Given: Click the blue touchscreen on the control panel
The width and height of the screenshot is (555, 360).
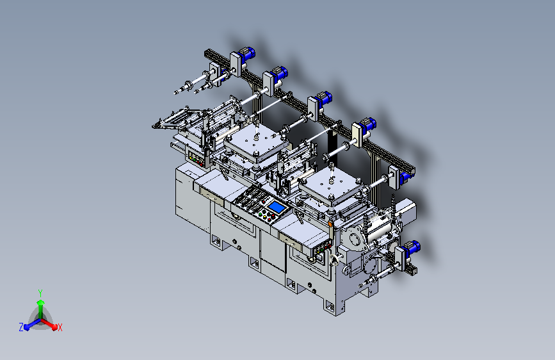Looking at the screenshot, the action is pos(277,207).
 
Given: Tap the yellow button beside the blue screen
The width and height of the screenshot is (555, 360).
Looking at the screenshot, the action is pos(265,216).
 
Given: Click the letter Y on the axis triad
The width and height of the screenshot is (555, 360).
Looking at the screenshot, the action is pos(40,293).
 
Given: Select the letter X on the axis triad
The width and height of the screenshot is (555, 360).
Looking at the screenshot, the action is pos(60,328).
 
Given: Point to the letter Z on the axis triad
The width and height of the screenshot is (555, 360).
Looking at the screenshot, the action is pos(21,327).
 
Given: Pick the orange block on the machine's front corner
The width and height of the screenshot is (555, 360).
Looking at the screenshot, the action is pos(330,224).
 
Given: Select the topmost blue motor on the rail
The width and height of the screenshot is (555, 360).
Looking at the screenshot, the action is pos(246,54).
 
